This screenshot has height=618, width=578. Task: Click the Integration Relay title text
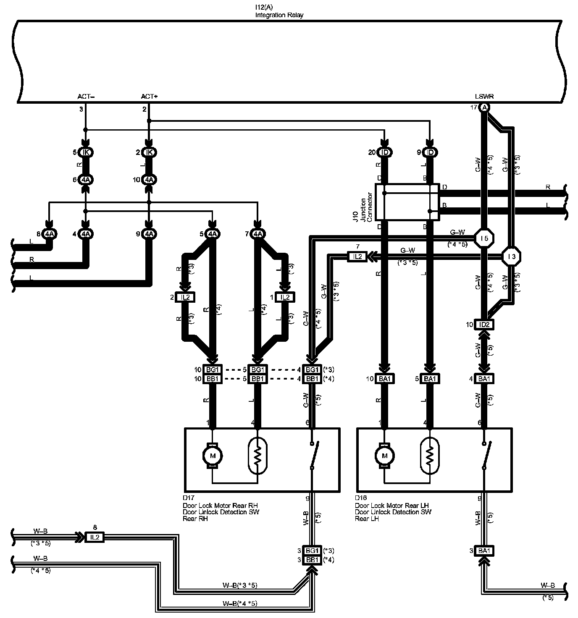(279, 15)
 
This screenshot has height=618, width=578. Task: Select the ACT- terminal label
(86, 97)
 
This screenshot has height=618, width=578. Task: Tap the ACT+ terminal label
(149, 97)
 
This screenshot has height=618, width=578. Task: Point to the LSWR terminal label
(484, 97)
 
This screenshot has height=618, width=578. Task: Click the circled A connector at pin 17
(484, 108)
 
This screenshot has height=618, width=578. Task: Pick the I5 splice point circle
(484, 238)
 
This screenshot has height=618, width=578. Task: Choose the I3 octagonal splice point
(511, 256)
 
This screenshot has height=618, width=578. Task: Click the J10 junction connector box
(407, 202)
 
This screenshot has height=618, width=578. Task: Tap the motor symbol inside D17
(213, 456)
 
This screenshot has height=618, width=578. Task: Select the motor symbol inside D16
(384, 456)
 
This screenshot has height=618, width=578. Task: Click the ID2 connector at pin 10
(484, 325)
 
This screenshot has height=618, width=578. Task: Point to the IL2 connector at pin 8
(95, 537)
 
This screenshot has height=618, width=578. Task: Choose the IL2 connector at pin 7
(357, 256)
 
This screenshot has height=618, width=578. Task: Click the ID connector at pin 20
(384, 152)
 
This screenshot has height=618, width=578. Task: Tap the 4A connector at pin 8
(50, 234)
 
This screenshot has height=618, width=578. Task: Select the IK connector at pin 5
(86, 152)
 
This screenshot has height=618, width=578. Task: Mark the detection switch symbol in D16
(486, 456)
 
